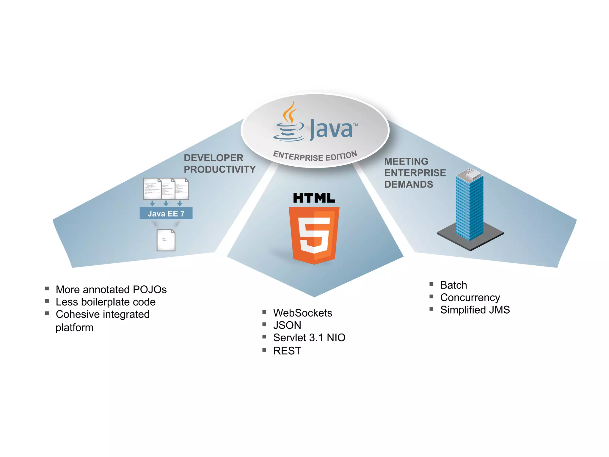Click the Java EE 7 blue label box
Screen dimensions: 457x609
pos(166,213)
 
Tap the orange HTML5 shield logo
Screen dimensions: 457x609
pos(314,235)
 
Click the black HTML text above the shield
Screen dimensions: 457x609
pos(314,198)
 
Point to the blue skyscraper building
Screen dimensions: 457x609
pos(469,205)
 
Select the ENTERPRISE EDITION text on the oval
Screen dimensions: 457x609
pos(315,156)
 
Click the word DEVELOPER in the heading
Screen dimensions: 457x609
pos(214,158)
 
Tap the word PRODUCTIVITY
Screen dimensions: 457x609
pos(220,169)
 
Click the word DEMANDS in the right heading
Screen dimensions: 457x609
pos(409,184)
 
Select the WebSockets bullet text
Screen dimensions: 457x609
pos(302,313)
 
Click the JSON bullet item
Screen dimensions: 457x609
pos(287,325)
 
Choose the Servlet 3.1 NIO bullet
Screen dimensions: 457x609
pos(309,338)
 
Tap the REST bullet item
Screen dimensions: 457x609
pos(287,351)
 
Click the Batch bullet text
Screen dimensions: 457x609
pos(453,285)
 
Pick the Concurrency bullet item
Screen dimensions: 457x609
pos(470,298)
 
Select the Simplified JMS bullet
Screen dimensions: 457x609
pos(475,310)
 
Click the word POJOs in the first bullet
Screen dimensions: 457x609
pos(150,289)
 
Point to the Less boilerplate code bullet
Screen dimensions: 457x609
pos(106,302)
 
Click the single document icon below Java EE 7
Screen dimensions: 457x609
pos(166,240)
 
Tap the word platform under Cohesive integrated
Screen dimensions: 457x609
pos(74,328)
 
